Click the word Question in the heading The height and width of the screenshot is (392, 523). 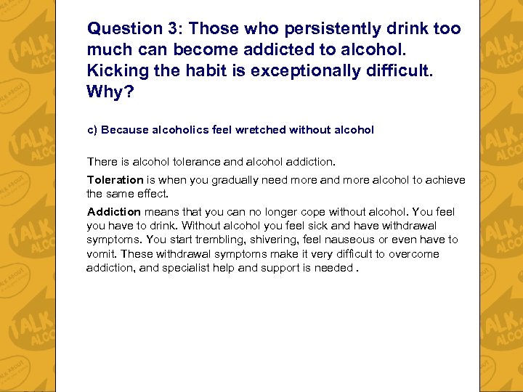click(x=121, y=29)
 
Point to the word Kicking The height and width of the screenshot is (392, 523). click(x=115, y=71)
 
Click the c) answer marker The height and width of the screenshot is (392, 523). click(x=92, y=130)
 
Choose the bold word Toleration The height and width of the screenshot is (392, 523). click(x=115, y=180)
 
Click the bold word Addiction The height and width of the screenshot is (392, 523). click(x=113, y=212)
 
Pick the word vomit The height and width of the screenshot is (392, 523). click(x=101, y=254)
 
